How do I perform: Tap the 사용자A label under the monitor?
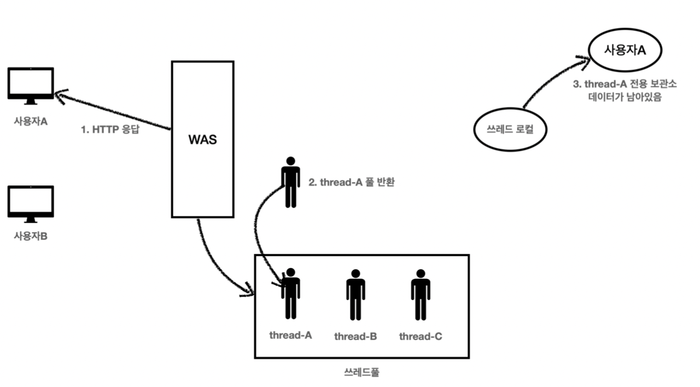(31, 121)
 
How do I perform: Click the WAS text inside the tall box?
(202, 139)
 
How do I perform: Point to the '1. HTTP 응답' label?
(110, 131)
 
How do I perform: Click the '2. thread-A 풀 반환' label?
(351, 183)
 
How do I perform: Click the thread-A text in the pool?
(290, 335)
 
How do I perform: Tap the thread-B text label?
(355, 336)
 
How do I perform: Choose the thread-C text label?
(421, 336)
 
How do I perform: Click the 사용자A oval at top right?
(625, 51)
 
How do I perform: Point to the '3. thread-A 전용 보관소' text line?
(625, 84)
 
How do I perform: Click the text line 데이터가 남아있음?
(624, 97)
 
